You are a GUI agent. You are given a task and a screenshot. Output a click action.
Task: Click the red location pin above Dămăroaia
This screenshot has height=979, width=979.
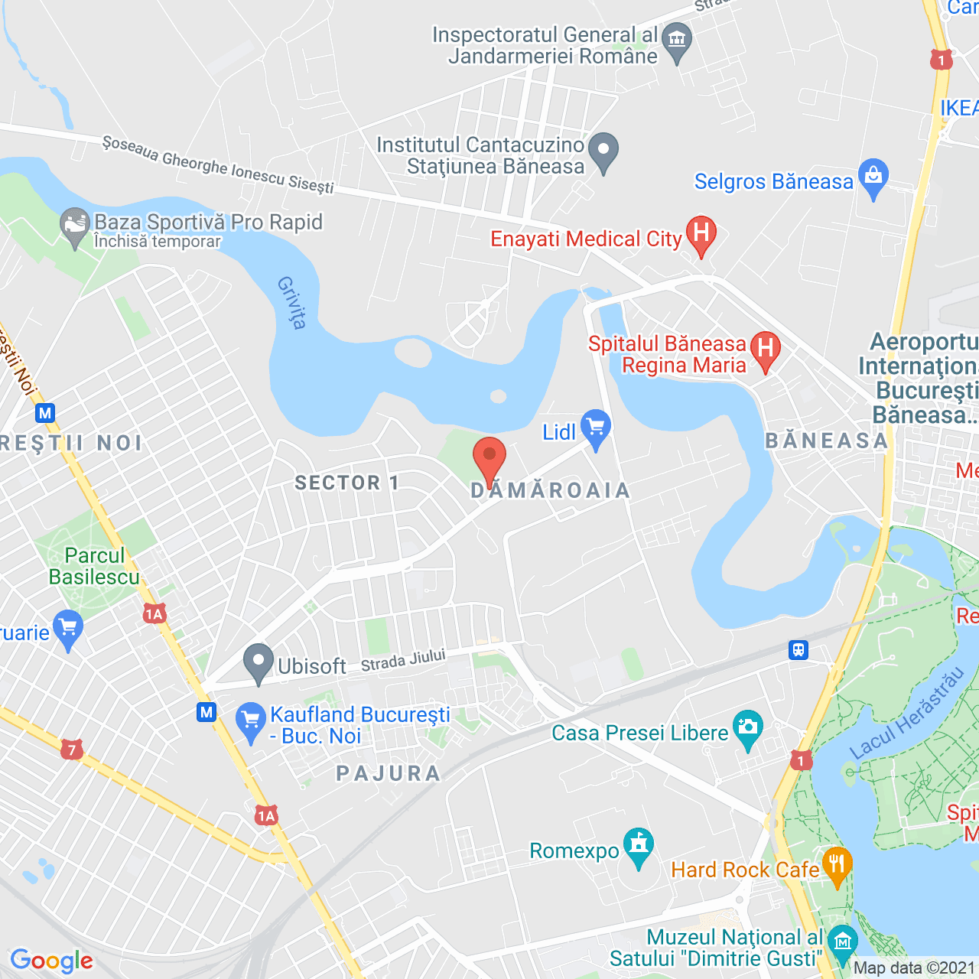pyautogui.click(x=489, y=457)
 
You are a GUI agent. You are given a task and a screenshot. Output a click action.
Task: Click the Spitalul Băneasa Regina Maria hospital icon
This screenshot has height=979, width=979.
pyautogui.click(x=766, y=350)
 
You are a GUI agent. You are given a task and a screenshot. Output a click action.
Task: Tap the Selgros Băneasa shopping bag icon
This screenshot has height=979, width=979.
pyautogui.click(x=873, y=177)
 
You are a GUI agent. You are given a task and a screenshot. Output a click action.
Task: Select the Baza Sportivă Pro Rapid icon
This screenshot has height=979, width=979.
pyautogui.click(x=75, y=226)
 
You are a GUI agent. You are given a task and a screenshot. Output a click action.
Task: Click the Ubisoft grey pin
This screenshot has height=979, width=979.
pyautogui.click(x=259, y=662)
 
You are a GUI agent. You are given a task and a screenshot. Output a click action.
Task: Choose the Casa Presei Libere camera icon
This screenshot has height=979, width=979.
pyautogui.click(x=747, y=727)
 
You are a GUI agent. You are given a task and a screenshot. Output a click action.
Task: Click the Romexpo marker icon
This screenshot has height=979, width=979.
pyautogui.click(x=639, y=846)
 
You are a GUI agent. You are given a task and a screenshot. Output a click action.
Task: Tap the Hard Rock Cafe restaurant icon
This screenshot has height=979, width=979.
pyautogui.click(x=838, y=865)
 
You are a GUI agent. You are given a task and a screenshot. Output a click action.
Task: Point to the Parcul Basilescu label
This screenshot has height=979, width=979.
pyautogui.click(x=94, y=566)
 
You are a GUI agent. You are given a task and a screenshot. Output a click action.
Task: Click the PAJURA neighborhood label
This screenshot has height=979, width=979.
pyautogui.click(x=389, y=774)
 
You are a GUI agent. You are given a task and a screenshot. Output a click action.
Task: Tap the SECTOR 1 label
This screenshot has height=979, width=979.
pyautogui.click(x=346, y=483)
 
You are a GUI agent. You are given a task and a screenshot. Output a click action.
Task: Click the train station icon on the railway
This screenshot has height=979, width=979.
pyautogui.click(x=798, y=650)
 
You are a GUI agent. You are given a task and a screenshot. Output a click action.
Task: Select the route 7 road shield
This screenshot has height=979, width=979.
pyautogui.click(x=72, y=750)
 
